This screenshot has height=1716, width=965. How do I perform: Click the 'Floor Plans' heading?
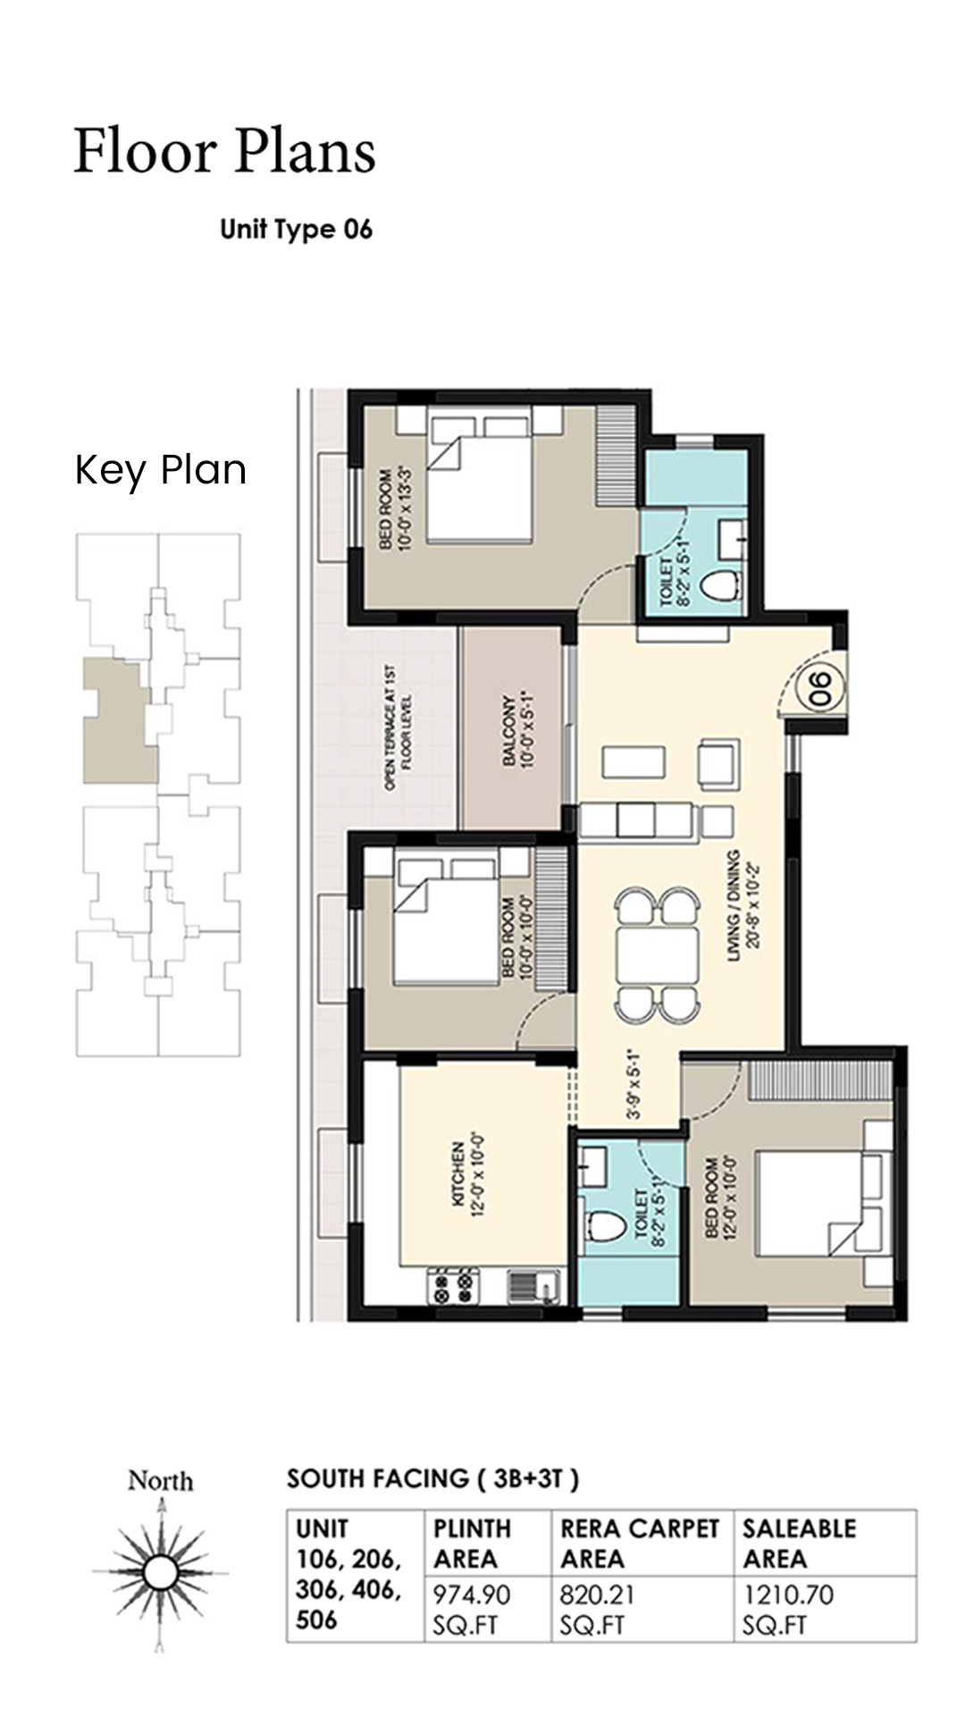point(224,151)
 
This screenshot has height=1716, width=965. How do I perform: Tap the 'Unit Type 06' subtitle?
point(296,230)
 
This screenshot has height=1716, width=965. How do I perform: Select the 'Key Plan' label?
point(161,470)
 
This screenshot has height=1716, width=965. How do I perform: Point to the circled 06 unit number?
point(819,689)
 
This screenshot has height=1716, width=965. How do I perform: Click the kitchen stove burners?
point(451,1288)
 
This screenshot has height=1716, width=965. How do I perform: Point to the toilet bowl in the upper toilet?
point(718,586)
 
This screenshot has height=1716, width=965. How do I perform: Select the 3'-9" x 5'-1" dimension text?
point(634,1083)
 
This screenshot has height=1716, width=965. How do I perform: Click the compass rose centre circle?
point(161,1570)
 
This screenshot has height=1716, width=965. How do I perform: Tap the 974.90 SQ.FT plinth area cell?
point(472,1609)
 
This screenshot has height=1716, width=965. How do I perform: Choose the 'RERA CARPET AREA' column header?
point(640,1543)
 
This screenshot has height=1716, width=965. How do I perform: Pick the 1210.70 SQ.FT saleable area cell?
point(788,1609)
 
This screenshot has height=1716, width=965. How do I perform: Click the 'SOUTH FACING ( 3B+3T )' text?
point(432,1479)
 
